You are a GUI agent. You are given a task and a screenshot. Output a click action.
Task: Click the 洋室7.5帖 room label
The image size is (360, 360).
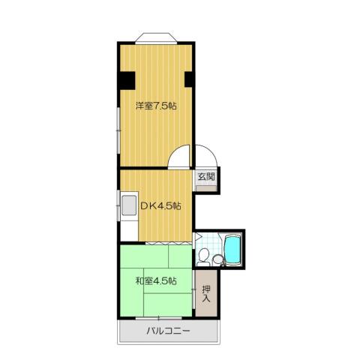tap(156, 106)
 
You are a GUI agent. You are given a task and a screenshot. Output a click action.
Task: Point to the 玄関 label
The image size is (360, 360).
tap(206, 178)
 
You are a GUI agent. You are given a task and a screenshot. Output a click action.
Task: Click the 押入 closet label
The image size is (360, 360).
tap(206, 292)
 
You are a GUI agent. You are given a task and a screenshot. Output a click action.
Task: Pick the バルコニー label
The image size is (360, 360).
tap(169, 331)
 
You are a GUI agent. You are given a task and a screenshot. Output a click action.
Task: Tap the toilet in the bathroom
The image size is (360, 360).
tap(218, 260)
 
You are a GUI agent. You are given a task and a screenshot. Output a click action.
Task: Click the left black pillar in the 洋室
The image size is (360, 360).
tap(126, 79)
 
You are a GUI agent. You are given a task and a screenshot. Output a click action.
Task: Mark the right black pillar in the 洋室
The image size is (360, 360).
tap(189, 79)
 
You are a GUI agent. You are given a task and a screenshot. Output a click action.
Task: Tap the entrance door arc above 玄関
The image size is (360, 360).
tap(206, 156)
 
